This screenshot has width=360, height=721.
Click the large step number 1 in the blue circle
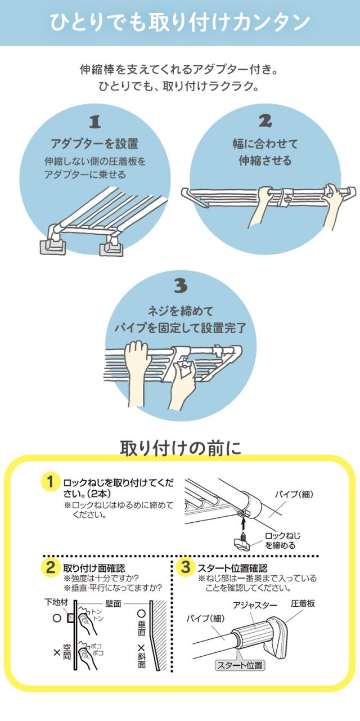(x=95, y=122)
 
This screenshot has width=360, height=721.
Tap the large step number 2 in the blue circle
(x=265, y=120)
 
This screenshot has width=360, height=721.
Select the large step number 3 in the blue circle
(x=181, y=285)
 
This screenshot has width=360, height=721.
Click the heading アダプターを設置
(x=94, y=144)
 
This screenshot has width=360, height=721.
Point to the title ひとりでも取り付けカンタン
(x=180, y=22)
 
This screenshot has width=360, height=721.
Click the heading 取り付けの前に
(x=181, y=447)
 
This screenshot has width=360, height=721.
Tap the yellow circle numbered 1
(x=50, y=482)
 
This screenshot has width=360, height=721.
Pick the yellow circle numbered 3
(x=186, y=567)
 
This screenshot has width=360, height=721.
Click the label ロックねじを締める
(x=282, y=540)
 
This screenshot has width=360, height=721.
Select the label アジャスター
(x=254, y=606)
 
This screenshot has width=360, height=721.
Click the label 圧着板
(x=303, y=603)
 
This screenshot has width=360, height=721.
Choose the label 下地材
(x=56, y=602)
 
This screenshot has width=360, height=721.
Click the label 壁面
(x=113, y=603)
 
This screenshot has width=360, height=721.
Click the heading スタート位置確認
(x=232, y=568)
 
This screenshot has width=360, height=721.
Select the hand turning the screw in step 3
(x=182, y=384)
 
